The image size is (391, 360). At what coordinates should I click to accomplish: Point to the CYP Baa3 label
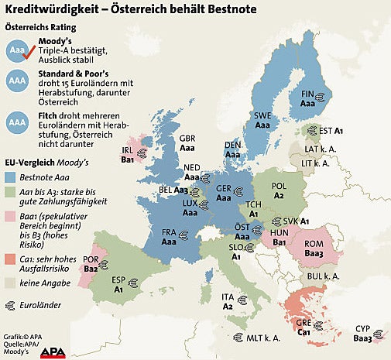[x=362, y=334]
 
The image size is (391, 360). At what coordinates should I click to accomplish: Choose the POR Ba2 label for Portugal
[x=91, y=265]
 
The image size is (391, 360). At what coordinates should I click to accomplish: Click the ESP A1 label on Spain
[x=120, y=285]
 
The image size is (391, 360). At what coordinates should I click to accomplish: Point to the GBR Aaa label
[x=187, y=142]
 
